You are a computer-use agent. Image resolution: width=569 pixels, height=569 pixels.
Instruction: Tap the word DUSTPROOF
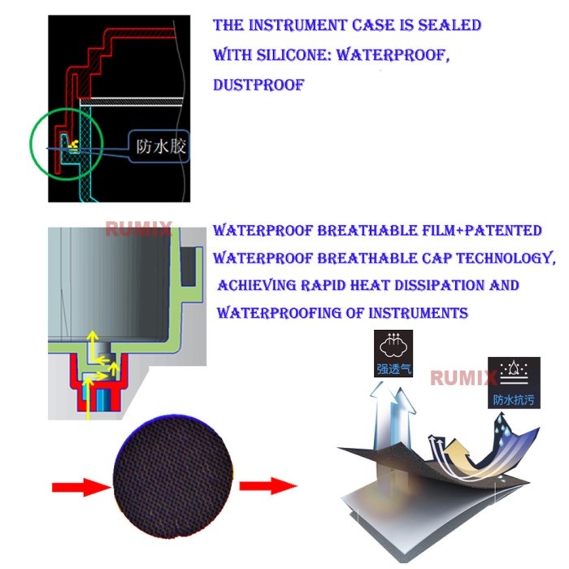[258, 85]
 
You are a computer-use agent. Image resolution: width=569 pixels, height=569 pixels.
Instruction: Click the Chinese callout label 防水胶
[161, 146]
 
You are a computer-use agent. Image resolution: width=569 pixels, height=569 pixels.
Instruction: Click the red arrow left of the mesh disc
[81, 487]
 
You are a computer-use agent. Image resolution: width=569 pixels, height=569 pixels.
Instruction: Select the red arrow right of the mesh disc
[267, 485]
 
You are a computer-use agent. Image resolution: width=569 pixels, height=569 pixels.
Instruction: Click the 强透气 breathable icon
[393, 353]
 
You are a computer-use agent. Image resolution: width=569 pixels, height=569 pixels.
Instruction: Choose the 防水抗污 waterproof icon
[514, 383]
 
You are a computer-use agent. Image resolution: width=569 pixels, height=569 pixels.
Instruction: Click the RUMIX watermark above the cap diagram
[138, 229]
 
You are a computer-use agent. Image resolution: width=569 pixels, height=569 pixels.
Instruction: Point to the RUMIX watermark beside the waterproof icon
[463, 378]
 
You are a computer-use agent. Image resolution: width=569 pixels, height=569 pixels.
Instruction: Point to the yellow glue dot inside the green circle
[75, 145]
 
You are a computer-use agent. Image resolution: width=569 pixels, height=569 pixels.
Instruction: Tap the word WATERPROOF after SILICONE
[393, 55]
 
